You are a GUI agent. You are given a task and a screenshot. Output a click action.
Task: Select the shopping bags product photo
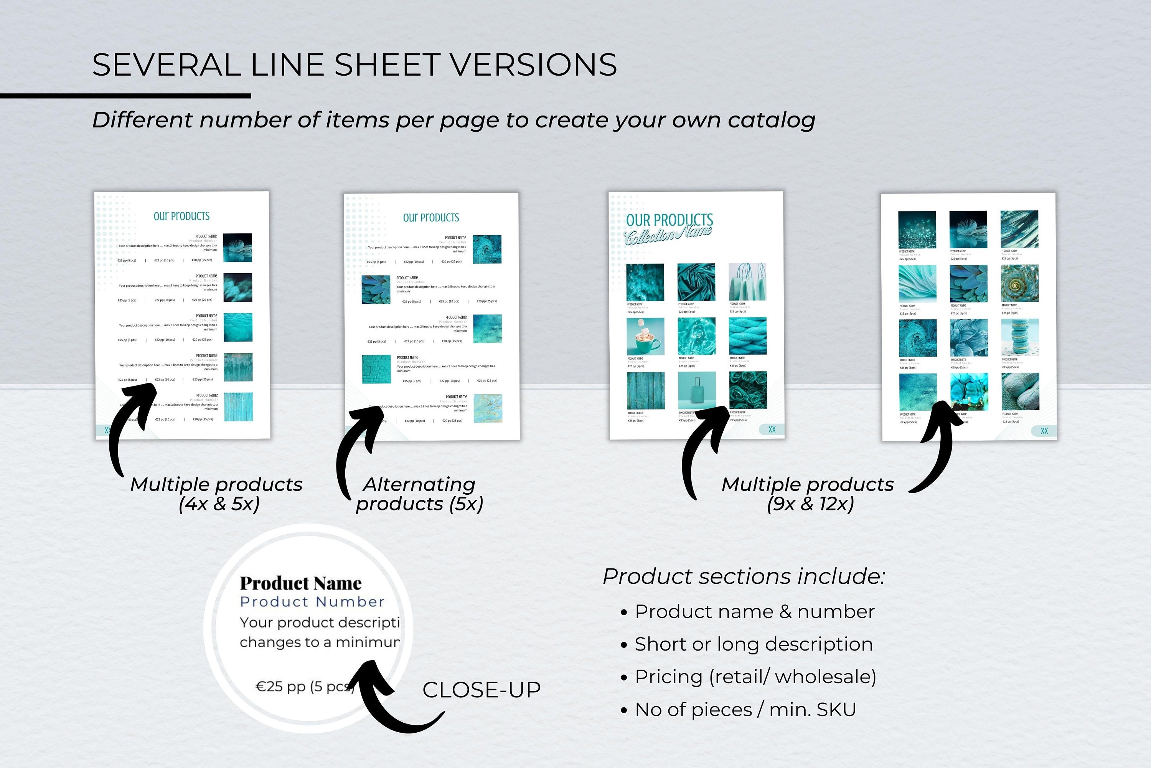point(747,282)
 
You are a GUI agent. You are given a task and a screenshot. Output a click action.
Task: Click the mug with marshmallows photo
point(645,337)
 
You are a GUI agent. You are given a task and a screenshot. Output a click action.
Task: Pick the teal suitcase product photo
point(696,390)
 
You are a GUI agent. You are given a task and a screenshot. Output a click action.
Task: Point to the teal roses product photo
point(748,390)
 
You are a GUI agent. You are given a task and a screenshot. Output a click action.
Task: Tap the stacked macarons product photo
point(1020,337)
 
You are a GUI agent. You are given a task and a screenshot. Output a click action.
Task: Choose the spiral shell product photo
point(1019,284)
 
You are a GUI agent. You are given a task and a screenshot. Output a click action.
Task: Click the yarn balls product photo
point(1020,392)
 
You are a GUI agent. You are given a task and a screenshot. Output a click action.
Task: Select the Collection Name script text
point(668,235)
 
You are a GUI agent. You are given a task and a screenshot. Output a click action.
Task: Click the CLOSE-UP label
point(481,690)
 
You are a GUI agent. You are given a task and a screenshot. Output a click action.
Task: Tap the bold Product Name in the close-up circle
point(300,583)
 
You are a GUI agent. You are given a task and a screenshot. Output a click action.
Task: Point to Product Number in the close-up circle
point(312,601)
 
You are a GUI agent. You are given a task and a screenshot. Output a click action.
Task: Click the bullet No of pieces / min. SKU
point(745,710)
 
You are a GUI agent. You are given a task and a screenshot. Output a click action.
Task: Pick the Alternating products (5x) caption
point(419,494)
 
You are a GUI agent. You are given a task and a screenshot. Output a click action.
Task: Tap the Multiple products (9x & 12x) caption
point(807,494)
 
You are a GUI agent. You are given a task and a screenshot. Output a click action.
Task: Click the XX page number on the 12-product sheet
point(1044,431)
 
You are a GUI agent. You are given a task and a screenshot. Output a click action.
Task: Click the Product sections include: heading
point(744,576)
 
